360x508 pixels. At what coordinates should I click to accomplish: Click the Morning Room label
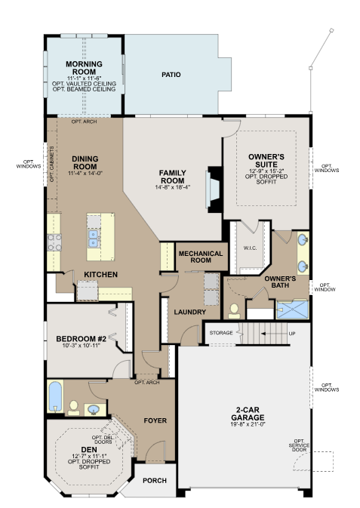(84, 68)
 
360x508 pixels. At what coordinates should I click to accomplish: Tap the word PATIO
(171, 75)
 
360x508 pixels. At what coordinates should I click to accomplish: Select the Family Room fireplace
(214, 189)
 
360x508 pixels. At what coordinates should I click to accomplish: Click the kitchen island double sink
(94, 238)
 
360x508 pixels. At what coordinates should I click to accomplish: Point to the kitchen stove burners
(54, 242)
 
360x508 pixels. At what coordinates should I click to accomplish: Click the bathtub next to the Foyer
(55, 396)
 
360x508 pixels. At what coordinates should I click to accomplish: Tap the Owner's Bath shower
(292, 309)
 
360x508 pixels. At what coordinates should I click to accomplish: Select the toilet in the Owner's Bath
(234, 311)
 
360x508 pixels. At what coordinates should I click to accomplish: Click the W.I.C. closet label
(250, 248)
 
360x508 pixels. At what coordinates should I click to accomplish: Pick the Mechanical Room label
(201, 257)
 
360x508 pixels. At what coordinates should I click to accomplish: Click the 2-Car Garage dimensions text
(248, 424)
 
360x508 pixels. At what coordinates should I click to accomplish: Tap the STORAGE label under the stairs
(221, 333)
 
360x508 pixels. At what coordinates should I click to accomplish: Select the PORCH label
(155, 481)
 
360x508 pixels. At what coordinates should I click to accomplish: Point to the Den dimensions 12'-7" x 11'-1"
(89, 456)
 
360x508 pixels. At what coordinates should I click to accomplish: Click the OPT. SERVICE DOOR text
(299, 445)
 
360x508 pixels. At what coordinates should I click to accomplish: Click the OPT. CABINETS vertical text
(51, 165)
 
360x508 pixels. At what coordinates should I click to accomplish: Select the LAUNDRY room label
(190, 312)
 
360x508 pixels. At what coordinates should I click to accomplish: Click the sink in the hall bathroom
(94, 410)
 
